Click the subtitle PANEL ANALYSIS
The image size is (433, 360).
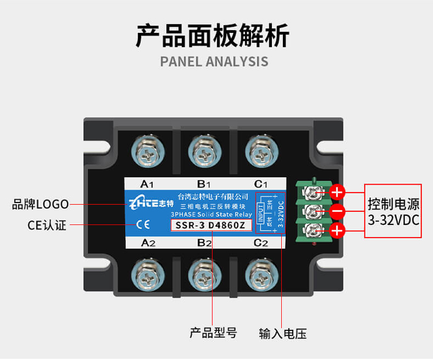(214, 62)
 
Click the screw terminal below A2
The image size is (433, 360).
(147, 273)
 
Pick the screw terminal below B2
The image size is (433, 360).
(203, 273)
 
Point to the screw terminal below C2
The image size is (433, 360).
(260, 273)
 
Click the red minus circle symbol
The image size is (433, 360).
(338, 212)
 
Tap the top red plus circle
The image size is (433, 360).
(338, 192)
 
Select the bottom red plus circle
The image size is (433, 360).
(338, 231)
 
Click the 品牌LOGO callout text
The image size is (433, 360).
(40, 204)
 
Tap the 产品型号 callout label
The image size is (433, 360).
(213, 333)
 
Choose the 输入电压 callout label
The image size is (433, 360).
(282, 333)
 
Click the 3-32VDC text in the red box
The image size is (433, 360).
(393, 220)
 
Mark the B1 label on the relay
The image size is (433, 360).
(203, 185)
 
